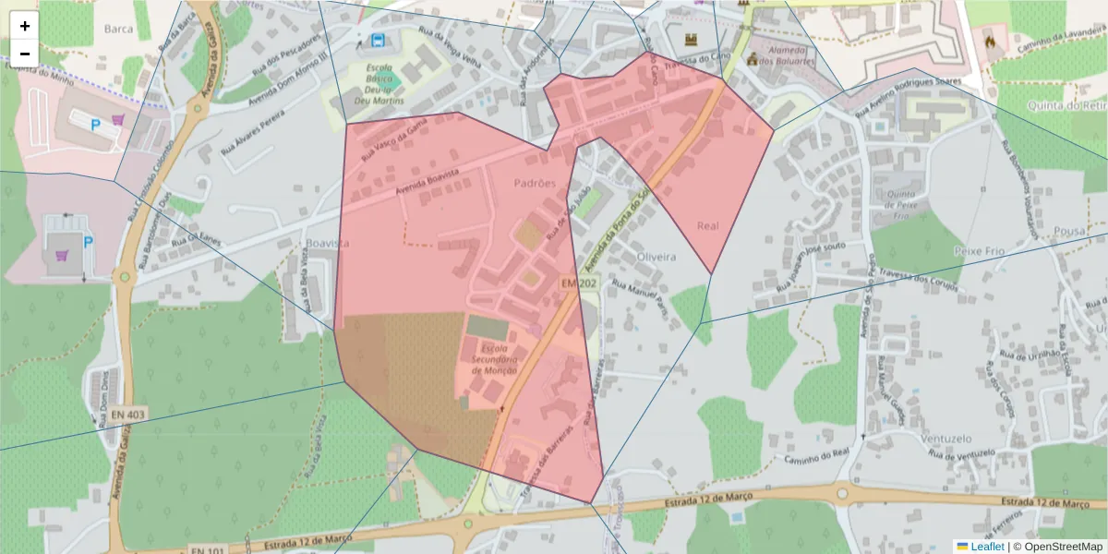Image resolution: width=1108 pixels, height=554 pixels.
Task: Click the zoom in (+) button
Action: click(x=25, y=26)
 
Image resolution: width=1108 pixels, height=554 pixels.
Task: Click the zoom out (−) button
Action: click(x=25, y=54)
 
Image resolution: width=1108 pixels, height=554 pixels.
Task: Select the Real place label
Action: click(x=708, y=225)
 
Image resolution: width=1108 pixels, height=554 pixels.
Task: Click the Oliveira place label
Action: click(x=656, y=257)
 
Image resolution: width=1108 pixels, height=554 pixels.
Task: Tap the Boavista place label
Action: click(x=327, y=243)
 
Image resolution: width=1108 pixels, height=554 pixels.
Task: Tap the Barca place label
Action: click(x=118, y=29)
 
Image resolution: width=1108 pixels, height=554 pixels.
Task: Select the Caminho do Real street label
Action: click(x=816, y=456)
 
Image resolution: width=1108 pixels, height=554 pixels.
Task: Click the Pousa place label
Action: click(x=1070, y=231)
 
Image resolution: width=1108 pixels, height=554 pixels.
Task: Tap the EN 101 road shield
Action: click(x=210, y=550)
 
